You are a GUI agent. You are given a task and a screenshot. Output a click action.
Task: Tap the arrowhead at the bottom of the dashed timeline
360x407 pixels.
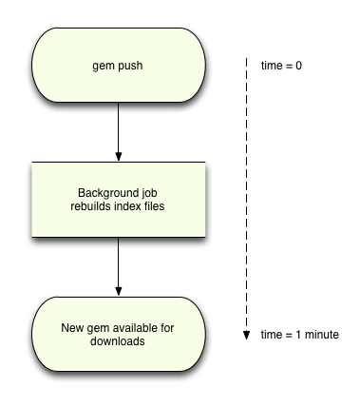click(245, 334)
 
